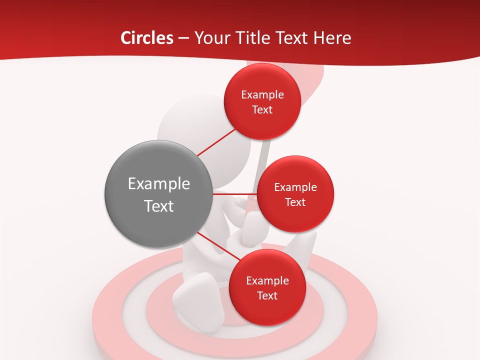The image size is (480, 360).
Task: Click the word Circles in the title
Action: tap(146, 38)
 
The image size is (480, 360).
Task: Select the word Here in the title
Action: tap(333, 38)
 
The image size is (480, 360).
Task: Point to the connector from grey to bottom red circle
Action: tap(216, 245)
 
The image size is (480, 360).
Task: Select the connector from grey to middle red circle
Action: tap(234, 194)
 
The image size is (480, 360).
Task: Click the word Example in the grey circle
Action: tap(159, 184)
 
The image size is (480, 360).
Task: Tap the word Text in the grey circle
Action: tap(159, 206)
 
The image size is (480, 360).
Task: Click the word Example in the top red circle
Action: tap(262, 95)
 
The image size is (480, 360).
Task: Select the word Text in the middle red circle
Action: tap(295, 202)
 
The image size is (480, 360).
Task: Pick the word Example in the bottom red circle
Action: tap(267, 281)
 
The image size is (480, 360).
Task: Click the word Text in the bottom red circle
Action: tap(267, 296)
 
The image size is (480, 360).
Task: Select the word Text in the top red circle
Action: tap(262, 110)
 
